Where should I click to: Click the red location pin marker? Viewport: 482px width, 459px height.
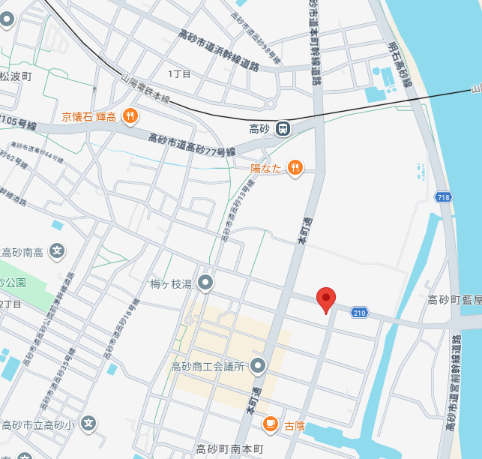pyautogui.click(x=325, y=299)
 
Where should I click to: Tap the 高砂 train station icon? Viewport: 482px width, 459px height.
pyautogui.click(x=283, y=129)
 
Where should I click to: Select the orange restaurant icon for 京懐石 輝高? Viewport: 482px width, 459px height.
pyautogui.click(x=130, y=116)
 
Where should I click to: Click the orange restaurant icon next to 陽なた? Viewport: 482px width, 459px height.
pyautogui.click(x=295, y=168)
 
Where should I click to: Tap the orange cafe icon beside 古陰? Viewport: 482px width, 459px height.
pyautogui.click(x=269, y=425)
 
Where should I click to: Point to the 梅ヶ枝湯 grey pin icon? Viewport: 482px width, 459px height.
pyautogui.click(x=205, y=283)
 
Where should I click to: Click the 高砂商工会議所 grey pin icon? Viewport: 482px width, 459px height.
pyautogui.click(x=258, y=367)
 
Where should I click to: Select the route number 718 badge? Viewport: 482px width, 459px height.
pyautogui.click(x=443, y=197)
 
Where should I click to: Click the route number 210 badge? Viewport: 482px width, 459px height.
pyautogui.click(x=360, y=312)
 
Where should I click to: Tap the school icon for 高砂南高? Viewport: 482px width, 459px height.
pyautogui.click(x=56, y=251)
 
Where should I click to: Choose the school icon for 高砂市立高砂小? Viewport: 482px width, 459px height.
pyautogui.click(x=88, y=424)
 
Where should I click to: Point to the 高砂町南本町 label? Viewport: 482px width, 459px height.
pyautogui.click(x=229, y=449)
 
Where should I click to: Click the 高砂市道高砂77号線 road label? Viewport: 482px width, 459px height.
pyautogui.click(x=192, y=145)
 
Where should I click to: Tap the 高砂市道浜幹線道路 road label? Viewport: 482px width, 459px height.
pyautogui.click(x=219, y=50)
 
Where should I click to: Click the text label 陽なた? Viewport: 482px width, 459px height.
pyautogui.click(x=266, y=169)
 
